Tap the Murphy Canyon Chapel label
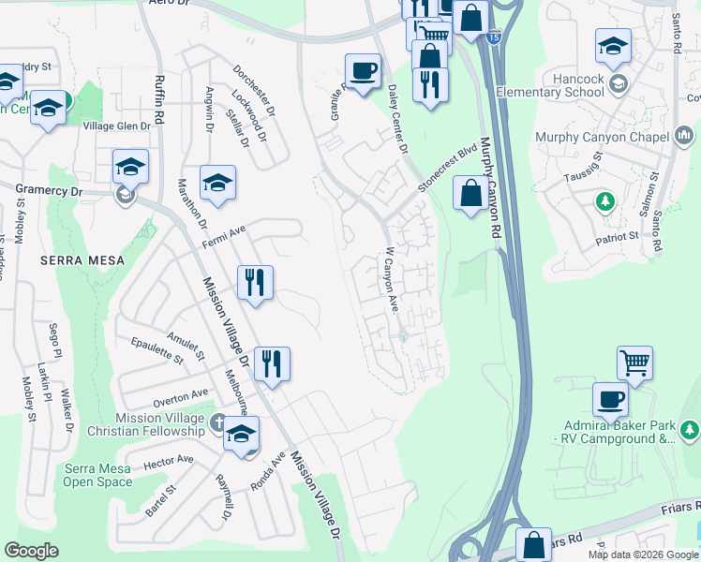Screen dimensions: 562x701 pyautogui.click(x=602, y=137)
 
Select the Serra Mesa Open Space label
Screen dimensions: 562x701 pyautogui.click(x=97, y=475)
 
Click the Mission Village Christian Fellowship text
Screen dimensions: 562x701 pyautogui.click(x=159, y=424)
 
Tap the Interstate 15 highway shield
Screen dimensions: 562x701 pyautogui.click(x=493, y=38)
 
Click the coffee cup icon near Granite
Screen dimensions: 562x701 pyautogui.click(x=363, y=70)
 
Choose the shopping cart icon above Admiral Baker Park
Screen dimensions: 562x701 pyautogui.click(x=634, y=362)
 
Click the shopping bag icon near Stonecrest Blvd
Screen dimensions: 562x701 pyautogui.click(x=470, y=194)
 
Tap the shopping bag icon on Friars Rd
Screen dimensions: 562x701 pyautogui.click(x=533, y=545)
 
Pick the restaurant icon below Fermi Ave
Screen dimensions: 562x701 pyautogui.click(x=255, y=282)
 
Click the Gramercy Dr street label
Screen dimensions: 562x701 pyautogui.click(x=50, y=190)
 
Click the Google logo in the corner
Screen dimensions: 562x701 pyautogui.click(x=31, y=551)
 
